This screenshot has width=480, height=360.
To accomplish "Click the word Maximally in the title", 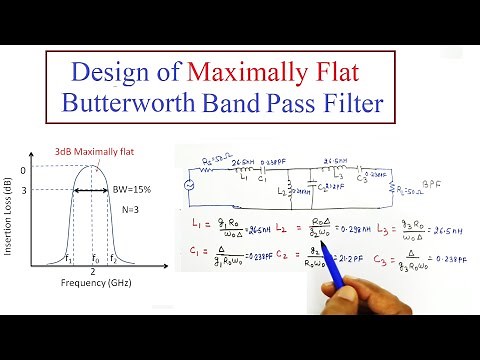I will pos(259,72).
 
